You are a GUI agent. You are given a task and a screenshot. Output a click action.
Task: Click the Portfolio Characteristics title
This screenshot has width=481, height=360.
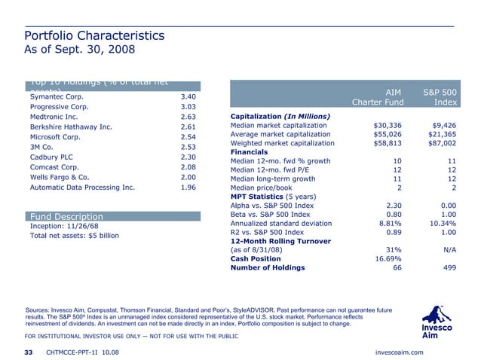(94, 36)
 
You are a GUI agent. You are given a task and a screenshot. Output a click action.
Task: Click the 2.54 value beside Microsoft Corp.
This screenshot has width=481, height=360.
(188, 138)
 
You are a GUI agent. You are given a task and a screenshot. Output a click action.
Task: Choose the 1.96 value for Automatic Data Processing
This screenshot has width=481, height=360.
(188, 187)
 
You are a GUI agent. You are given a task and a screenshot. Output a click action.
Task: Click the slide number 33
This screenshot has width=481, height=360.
(29, 352)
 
